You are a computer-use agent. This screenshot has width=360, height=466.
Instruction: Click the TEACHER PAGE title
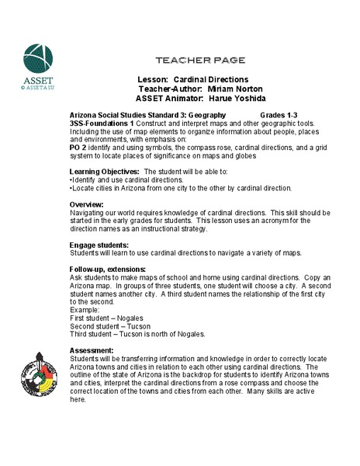pos(201,60)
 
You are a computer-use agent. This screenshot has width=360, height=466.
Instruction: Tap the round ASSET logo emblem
pos(38,61)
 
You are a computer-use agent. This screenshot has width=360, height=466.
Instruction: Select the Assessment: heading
pos(92,352)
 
